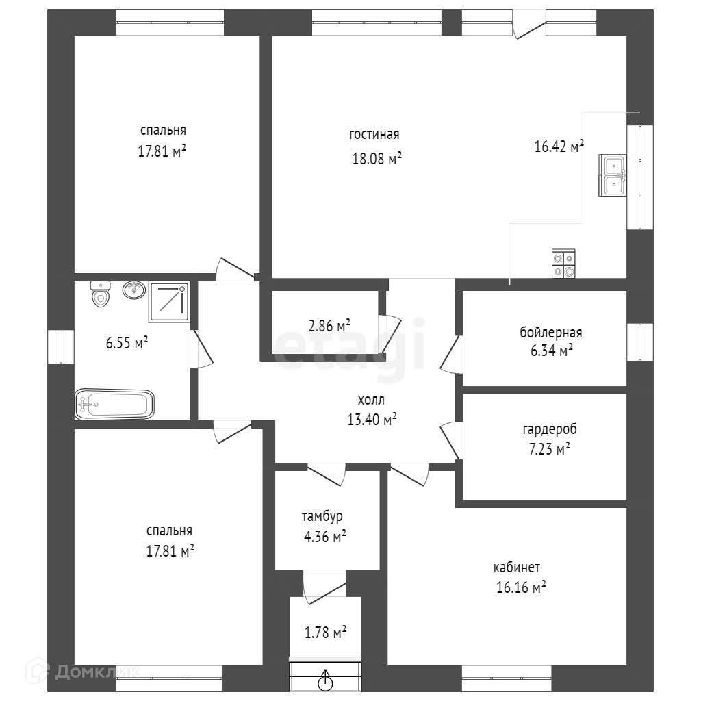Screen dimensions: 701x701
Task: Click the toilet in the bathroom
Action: (x=101, y=295)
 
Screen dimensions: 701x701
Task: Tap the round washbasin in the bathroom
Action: (x=133, y=290)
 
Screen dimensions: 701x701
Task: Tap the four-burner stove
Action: (x=563, y=264)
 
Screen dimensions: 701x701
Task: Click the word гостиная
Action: (x=374, y=135)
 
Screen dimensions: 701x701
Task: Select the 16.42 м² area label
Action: (x=559, y=146)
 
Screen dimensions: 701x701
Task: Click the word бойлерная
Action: (x=550, y=333)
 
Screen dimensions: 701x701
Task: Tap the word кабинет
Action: (x=517, y=568)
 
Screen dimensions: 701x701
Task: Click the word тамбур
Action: (x=322, y=516)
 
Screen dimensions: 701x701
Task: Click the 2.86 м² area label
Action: (x=329, y=325)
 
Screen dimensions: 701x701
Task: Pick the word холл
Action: (x=371, y=400)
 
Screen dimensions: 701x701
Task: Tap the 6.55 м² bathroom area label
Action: (x=127, y=343)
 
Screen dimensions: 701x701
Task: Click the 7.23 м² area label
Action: (x=545, y=450)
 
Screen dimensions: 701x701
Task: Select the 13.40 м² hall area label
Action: (x=372, y=420)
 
